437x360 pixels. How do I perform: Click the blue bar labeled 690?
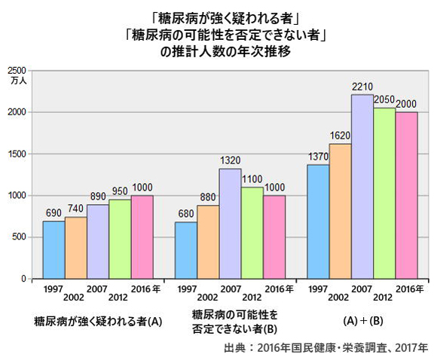point(53,249)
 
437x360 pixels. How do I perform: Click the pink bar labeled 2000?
point(407,195)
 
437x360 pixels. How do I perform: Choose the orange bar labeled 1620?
point(341,211)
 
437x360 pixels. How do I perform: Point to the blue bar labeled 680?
point(186,250)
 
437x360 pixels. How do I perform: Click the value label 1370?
point(318,155)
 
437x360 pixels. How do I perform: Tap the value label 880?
point(208,197)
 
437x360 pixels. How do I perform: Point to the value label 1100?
point(252,178)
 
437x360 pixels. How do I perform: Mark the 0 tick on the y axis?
point(24,279)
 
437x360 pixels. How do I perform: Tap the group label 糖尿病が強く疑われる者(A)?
point(98,321)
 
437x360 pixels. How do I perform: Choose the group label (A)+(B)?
point(362,320)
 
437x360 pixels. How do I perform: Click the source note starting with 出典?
point(325,348)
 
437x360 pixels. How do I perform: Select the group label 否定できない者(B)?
point(234,328)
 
